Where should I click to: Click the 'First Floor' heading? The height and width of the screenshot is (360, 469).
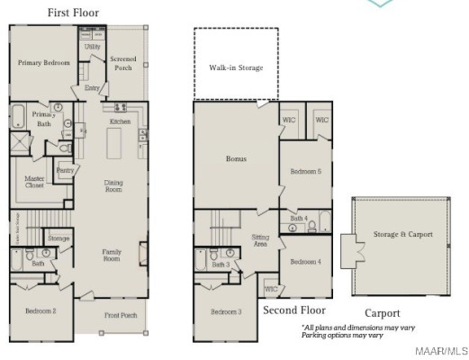coord(73,13)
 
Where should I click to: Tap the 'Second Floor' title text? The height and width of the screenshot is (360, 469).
coord(293,310)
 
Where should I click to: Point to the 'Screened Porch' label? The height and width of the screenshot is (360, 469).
coord(123,64)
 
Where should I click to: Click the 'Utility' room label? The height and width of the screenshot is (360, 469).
coord(92,46)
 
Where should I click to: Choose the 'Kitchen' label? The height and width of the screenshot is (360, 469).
coord(120,121)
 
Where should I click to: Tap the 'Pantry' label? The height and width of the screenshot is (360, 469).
coord(64,170)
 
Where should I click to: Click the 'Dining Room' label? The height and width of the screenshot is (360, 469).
coord(113,184)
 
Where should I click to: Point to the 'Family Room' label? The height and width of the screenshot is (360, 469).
coord(112,256)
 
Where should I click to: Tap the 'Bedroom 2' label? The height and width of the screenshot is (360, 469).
coord(41,310)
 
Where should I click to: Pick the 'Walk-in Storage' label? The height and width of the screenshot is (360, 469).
coord(236,67)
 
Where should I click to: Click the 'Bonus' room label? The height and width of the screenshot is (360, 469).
coord(236,159)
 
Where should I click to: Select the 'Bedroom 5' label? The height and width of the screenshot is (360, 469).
coord(305,171)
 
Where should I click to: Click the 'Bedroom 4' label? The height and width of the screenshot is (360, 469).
coord(305,262)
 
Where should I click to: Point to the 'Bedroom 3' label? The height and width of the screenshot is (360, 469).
coord(226,311)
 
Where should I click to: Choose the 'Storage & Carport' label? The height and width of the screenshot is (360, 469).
coord(402,234)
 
